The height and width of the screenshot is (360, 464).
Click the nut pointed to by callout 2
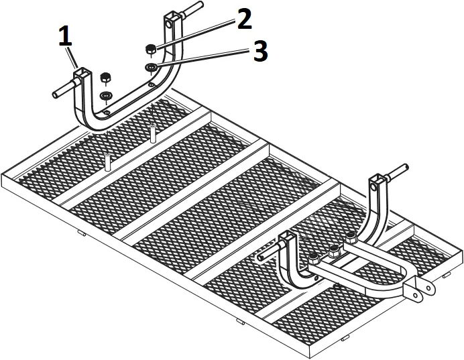click(151, 49)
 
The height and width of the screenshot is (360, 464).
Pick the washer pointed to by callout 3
click(151, 66)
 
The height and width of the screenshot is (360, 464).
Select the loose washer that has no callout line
click(106, 96)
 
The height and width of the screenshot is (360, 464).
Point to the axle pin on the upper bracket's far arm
click(190, 11)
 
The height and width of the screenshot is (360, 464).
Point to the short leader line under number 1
click(72, 56)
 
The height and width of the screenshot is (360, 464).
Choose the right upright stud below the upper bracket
click(153, 133)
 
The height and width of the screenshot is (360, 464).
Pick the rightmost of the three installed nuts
click(350, 236)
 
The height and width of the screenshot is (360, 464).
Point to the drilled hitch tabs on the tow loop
click(419, 289)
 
